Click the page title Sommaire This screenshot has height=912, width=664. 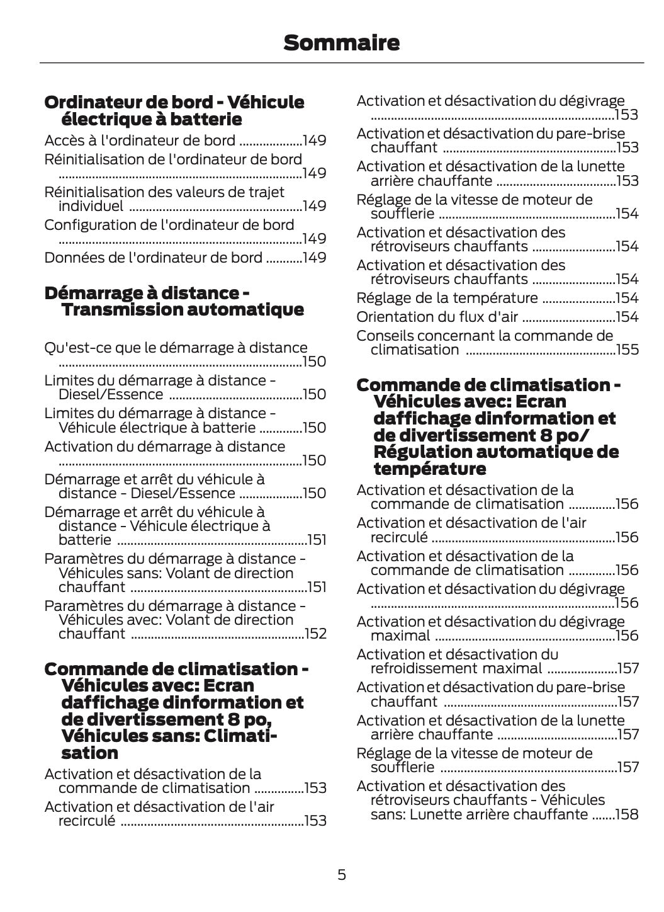click(x=341, y=43)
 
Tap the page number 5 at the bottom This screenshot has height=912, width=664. click(x=341, y=874)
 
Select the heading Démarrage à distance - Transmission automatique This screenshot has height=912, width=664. click(x=174, y=301)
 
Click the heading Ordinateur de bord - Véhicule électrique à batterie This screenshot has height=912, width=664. click(x=174, y=110)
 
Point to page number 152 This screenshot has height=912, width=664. click(x=315, y=634)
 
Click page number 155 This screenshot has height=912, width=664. click(x=627, y=350)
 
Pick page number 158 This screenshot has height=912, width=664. click(x=627, y=814)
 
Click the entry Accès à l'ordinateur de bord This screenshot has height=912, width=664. click(x=140, y=140)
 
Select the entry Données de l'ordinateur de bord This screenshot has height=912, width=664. click(x=153, y=258)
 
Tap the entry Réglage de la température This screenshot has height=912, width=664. click(x=447, y=298)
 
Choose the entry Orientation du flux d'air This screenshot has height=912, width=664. click(x=437, y=317)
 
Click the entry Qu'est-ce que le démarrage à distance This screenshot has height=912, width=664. click(x=176, y=348)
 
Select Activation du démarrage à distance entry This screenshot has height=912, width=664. click(x=164, y=447)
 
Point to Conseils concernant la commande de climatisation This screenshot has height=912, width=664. click(x=484, y=336)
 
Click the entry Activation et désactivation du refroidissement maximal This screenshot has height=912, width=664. click(x=457, y=661)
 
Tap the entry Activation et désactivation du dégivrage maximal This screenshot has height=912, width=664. click(x=490, y=622)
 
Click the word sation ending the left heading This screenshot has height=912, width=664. click(x=90, y=753)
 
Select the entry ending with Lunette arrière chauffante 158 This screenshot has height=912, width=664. click(x=480, y=801)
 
